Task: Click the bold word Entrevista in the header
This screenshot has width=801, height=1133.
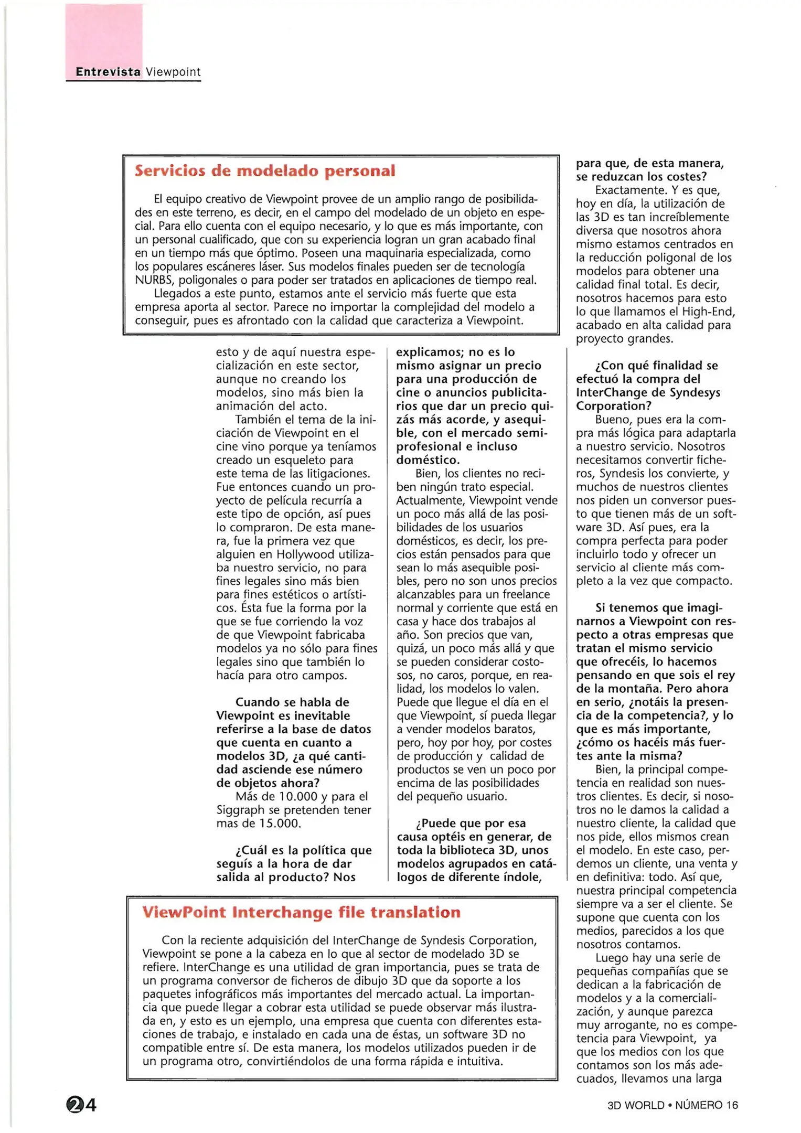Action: pyautogui.click(x=108, y=72)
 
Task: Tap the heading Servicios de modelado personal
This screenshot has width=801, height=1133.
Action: pyautogui.click(x=264, y=171)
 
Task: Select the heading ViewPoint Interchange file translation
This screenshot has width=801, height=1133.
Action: pyautogui.click(x=301, y=912)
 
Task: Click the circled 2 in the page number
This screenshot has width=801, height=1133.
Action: pyautogui.click(x=75, y=1105)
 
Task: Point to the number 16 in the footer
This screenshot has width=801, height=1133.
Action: pyautogui.click(x=732, y=1105)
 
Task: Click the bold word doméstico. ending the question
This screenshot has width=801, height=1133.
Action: pyautogui.click(x=428, y=460)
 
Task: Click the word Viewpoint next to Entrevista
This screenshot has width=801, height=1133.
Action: pyautogui.click(x=173, y=72)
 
